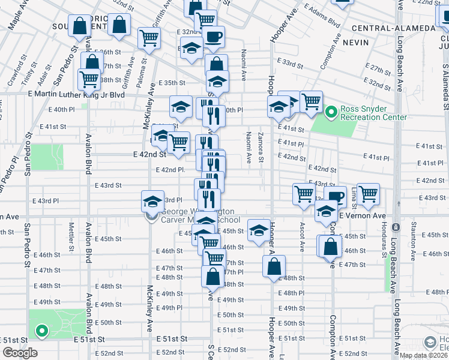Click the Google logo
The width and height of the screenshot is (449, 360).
click(20, 353)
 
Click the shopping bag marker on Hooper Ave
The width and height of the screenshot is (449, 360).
click(274, 268)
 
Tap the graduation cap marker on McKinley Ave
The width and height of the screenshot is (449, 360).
click(152, 201)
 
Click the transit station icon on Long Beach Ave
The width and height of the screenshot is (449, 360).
click(396, 228)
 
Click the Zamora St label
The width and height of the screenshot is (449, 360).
click(261, 147)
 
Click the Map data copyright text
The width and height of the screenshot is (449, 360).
click(424, 355)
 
